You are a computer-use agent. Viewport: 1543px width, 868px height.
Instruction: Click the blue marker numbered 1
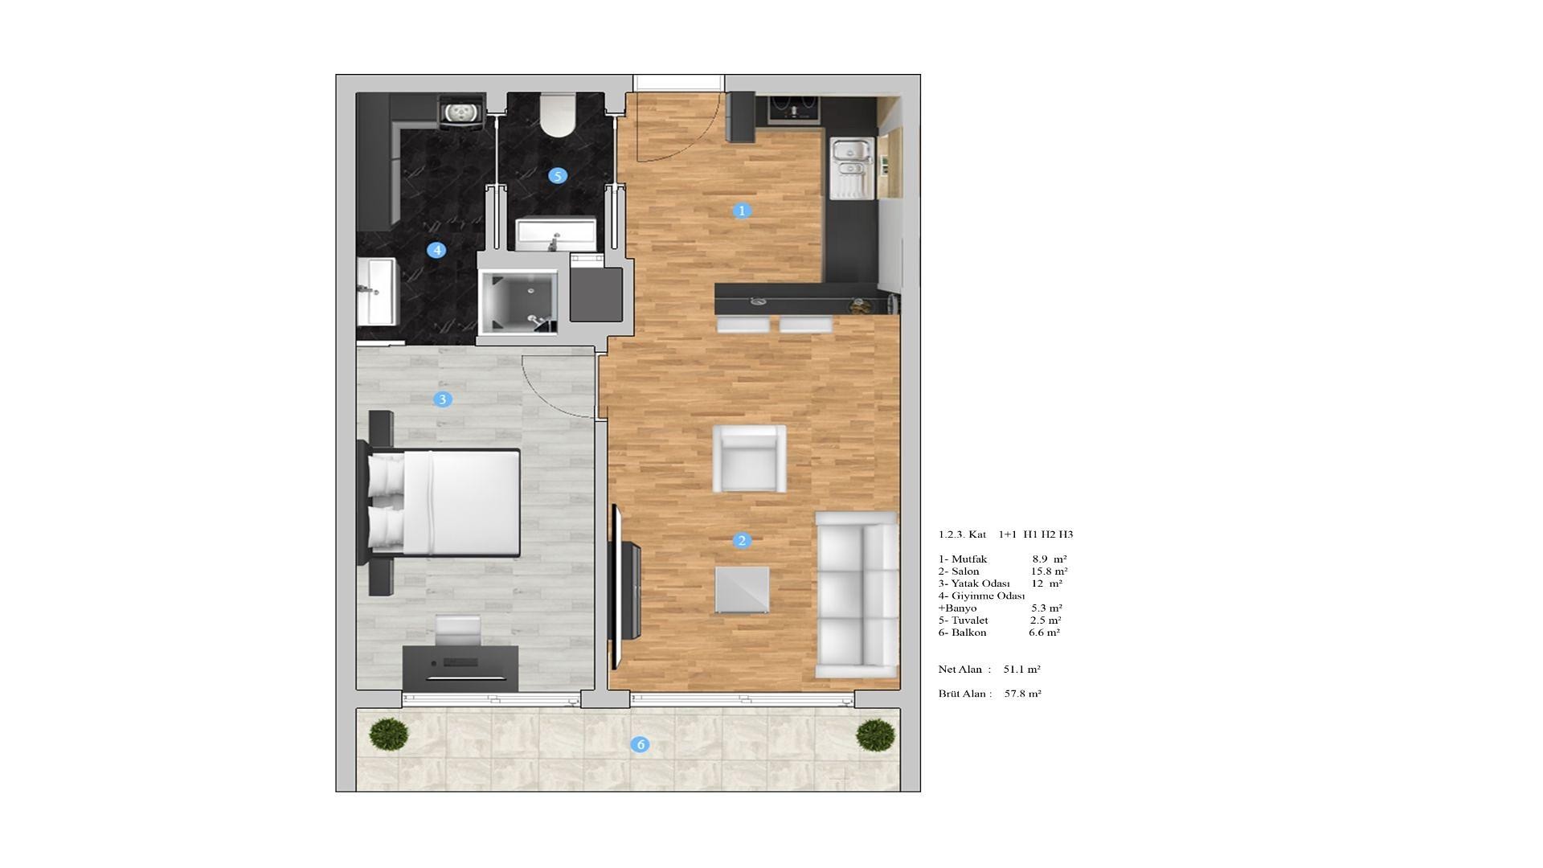741,211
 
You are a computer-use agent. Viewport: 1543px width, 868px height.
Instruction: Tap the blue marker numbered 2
741,541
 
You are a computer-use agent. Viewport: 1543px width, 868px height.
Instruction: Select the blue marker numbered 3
442,399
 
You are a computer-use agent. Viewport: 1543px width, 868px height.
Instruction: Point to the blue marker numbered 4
436,250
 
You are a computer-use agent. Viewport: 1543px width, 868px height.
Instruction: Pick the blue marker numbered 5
558,175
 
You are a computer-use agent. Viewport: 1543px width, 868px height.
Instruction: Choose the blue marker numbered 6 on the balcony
641,744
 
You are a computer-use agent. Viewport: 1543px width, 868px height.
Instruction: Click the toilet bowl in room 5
558,115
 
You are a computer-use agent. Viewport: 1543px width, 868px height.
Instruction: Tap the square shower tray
518,300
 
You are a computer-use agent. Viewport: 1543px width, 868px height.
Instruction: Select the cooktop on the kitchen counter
794,108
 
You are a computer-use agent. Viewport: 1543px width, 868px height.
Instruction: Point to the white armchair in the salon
750,458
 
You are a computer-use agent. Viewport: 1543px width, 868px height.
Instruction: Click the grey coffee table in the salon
742,591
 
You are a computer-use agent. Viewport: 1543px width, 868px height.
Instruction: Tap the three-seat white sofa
857,595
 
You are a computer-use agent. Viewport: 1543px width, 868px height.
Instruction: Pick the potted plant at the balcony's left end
389,734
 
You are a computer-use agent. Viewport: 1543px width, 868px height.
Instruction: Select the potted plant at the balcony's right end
875,735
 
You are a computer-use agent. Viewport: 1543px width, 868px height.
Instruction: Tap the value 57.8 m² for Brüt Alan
1023,694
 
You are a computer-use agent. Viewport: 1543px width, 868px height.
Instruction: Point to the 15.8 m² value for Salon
1050,571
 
